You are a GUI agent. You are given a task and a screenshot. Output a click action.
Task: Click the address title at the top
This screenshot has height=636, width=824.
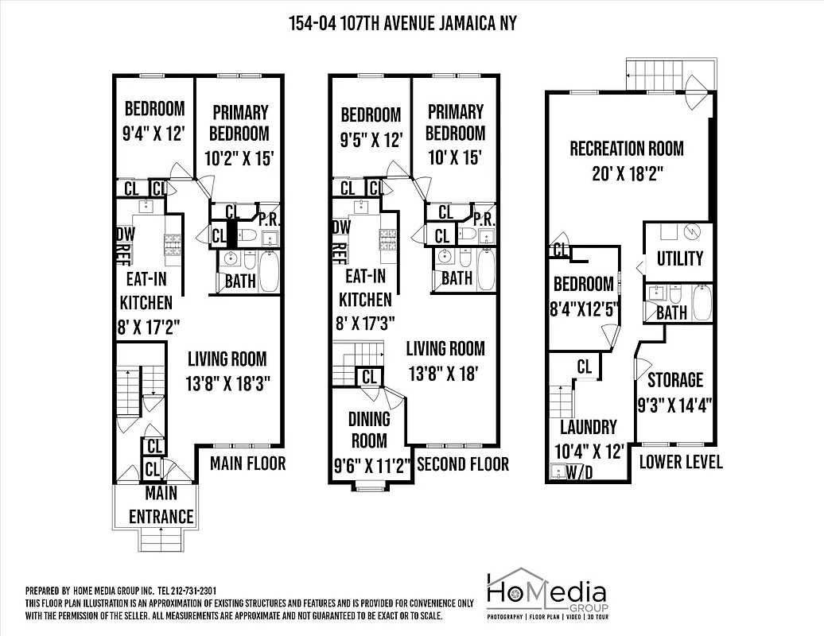pyautogui.click(x=402, y=23)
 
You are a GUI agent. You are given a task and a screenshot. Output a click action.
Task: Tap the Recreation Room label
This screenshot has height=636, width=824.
pyautogui.click(x=626, y=149)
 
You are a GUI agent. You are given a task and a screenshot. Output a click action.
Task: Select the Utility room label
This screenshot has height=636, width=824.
pyautogui.click(x=679, y=258)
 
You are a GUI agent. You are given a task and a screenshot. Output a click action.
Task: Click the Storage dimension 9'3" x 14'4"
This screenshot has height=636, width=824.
pyautogui.click(x=674, y=405)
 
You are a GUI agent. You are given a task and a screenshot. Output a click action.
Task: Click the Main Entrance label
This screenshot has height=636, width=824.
pyautogui.click(x=161, y=506)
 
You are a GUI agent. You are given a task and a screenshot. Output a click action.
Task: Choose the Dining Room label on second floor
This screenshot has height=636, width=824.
pyautogui.click(x=369, y=429)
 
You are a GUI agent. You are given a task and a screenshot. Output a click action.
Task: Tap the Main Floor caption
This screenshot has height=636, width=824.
pyautogui.click(x=247, y=463)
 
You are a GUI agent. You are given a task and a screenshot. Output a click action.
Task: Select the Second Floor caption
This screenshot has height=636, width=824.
pyautogui.click(x=462, y=463)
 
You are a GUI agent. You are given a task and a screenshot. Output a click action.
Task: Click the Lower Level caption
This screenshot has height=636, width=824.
pyautogui.click(x=681, y=462)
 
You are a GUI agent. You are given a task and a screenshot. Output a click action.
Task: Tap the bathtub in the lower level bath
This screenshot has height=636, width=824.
pyautogui.click(x=702, y=302)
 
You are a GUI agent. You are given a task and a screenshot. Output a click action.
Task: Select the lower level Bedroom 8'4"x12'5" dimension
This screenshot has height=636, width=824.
pyautogui.click(x=585, y=308)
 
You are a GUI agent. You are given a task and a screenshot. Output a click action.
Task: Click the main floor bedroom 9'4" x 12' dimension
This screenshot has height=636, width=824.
pyautogui.click(x=154, y=133)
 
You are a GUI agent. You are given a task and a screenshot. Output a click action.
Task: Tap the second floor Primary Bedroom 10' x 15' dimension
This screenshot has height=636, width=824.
pyautogui.click(x=455, y=157)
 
